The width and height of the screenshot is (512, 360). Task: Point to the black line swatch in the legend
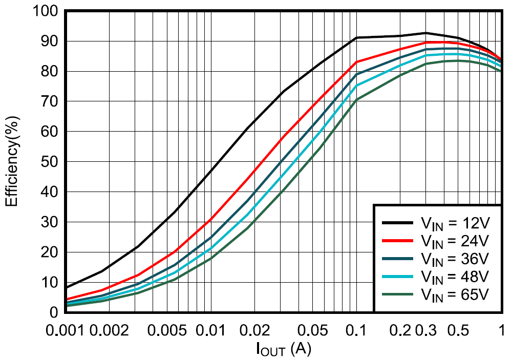(x=398, y=223)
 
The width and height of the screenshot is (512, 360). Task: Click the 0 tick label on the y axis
(x=57, y=312)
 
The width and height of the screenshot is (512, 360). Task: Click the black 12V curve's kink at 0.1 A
(x=357, y=37)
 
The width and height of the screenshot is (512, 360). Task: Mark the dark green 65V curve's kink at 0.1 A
(x=357, y=99)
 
